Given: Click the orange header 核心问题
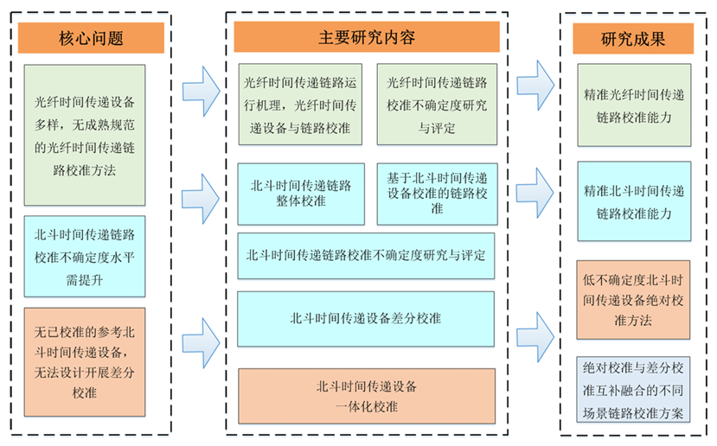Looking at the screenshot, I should tap(91, 38).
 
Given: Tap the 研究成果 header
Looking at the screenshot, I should tap(633, 38).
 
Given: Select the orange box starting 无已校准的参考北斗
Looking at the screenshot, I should tap(85, 361).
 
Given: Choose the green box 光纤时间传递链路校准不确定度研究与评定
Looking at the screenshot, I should tap(437, 105).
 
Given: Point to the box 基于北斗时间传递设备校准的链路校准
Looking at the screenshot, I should tap(437, 193).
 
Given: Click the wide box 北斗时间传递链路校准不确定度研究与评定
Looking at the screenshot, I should tap(366, 256).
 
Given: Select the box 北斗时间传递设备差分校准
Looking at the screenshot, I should tap(366, 318).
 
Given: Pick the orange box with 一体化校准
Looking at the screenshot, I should tap(366, 397).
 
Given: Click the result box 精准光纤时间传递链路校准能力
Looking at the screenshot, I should tap(634, 105).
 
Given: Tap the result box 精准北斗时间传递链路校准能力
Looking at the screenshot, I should tap(634, 201).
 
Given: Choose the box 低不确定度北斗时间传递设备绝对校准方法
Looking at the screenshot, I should tap(634, 299).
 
